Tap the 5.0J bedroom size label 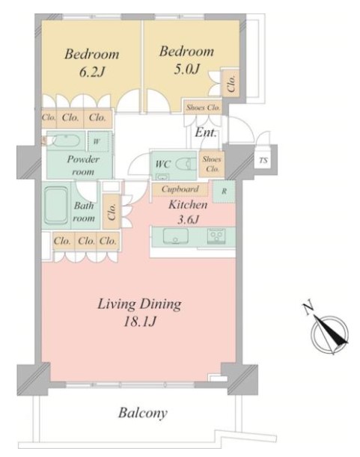[186, 70]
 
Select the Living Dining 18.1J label [139, 313]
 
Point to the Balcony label [143, 413]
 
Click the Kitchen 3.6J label [188, 212]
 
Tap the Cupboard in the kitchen [180, 189]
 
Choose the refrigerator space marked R [224, 191]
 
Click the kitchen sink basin [175, 236]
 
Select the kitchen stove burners [216, 236]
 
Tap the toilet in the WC [186, 164]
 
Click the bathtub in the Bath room [56, 206]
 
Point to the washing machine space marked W [97, 141]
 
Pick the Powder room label [83, 165]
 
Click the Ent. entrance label [206, 132]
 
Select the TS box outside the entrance [263, 160]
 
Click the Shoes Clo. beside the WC [212, 164]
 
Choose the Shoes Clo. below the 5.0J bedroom [203, 108]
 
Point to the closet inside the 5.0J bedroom [231, 82]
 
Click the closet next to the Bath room [112, 212]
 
